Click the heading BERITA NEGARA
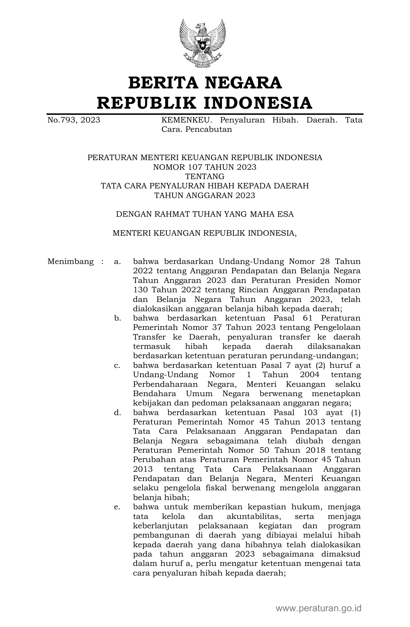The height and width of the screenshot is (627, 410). click(205, 83)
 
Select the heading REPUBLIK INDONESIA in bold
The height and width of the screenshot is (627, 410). click(205, 103)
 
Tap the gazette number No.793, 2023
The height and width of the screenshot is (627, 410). click(74, 120)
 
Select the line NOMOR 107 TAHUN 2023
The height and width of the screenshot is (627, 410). click(205, 167)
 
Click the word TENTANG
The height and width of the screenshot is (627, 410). click(205, 176)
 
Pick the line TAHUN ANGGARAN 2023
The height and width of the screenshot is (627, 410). click(205, 195)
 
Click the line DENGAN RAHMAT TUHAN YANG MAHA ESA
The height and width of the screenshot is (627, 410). click(205, 214)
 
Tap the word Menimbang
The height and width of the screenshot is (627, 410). click(70, 261)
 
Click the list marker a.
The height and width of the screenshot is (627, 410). click(117, 261)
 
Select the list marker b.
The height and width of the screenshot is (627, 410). click(117, 318)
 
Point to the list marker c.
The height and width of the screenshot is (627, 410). click(117, 365)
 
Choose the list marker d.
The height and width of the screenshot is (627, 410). click(117, 413)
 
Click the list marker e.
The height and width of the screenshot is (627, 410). click(117, 507)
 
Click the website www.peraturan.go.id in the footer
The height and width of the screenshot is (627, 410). click(318, 608)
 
